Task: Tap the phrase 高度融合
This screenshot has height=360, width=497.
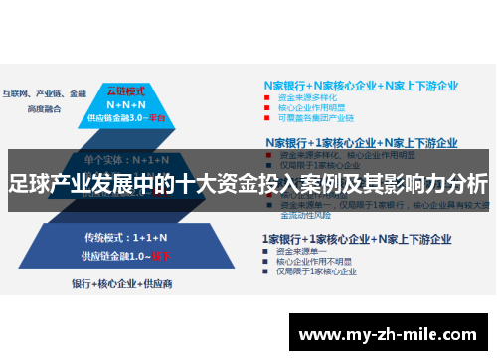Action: point(46,81)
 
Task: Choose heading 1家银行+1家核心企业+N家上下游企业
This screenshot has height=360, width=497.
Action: point(356,239)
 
